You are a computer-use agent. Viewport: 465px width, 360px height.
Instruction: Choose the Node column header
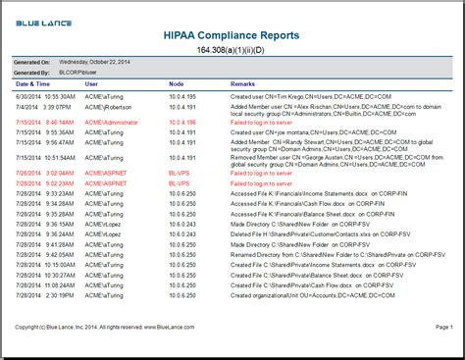click(x=177, y=84)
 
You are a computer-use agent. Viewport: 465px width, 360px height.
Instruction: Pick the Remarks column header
click(x=243, y=84)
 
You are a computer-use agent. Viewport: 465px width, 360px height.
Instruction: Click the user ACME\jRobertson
click(x=108, y=105)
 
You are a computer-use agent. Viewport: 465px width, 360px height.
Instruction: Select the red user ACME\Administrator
click(x=112, y=123)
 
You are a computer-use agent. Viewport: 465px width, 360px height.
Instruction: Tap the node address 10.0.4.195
click(x=182, y=97)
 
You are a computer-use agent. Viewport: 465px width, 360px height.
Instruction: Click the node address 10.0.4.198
click(x=182, y=123)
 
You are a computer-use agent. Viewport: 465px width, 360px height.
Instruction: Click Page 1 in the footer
click(x=443, y=327)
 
